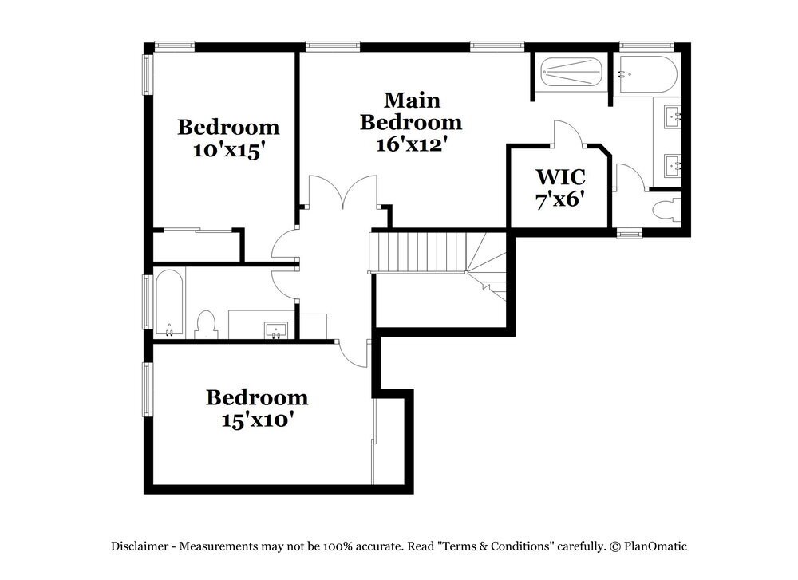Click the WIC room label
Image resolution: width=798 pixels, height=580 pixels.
click(560, 176)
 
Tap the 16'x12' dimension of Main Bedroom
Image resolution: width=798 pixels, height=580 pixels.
click(411, 144)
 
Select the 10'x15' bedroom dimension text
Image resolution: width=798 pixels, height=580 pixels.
click(228, 151)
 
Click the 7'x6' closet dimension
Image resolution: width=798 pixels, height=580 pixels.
click(560, 199)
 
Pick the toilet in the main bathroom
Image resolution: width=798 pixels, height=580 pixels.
click(665, 211)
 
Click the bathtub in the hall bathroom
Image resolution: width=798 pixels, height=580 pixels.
click(169, 303)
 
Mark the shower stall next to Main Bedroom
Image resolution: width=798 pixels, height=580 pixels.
click(571, 74)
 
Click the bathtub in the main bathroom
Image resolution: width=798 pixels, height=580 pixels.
click(648, 74)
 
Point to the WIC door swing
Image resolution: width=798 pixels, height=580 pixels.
click(569, 133)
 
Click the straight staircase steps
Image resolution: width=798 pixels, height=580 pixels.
click(419, 252)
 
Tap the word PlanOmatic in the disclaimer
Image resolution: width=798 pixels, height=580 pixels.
click(655, 546)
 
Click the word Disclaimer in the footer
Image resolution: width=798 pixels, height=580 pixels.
click(140, 546)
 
